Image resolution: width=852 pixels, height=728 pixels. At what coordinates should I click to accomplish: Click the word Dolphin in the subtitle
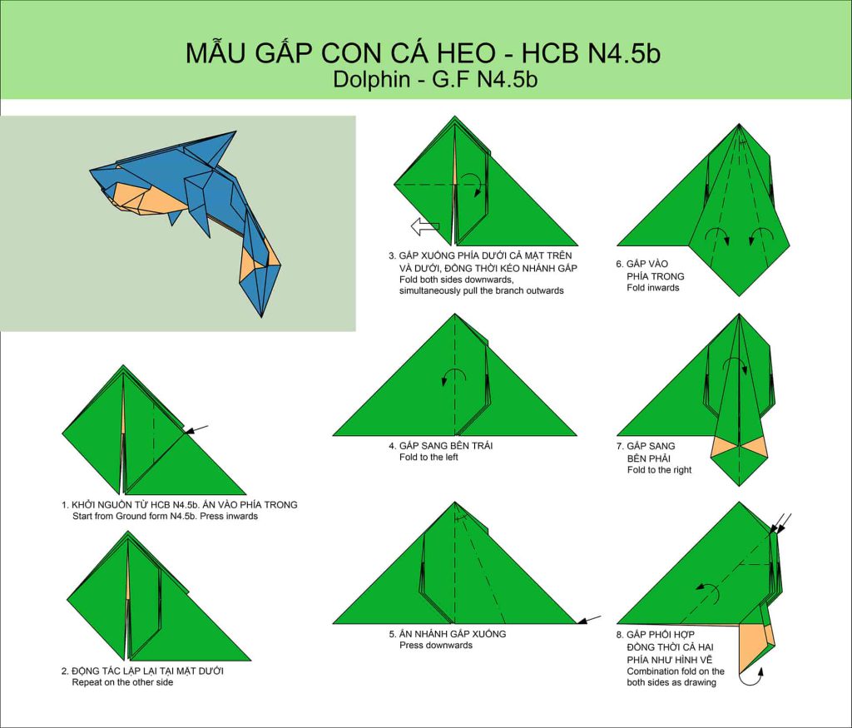[371, 79]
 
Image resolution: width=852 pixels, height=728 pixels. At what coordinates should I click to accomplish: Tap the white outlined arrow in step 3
[425, 226]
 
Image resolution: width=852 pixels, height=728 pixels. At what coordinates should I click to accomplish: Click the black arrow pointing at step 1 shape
[196, 430]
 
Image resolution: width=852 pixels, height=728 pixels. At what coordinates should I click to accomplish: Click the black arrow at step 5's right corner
[589, 619]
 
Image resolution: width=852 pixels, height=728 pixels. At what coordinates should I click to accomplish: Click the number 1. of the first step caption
[65, 505]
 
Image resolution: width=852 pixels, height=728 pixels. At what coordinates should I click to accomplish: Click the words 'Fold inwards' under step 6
[652, 288]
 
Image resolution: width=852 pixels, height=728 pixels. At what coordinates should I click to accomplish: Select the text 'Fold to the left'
[428, 458]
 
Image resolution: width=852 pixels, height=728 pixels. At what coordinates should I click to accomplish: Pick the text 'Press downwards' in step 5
[436, 646]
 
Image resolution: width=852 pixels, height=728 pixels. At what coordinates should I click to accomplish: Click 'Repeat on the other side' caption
[122, 682]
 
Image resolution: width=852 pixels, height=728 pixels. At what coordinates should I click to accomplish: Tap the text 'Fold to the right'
[659, 470]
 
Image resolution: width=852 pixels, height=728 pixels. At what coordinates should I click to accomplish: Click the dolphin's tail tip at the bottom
[262, 315]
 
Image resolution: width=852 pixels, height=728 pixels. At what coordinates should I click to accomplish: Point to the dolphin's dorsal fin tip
[235, 132]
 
